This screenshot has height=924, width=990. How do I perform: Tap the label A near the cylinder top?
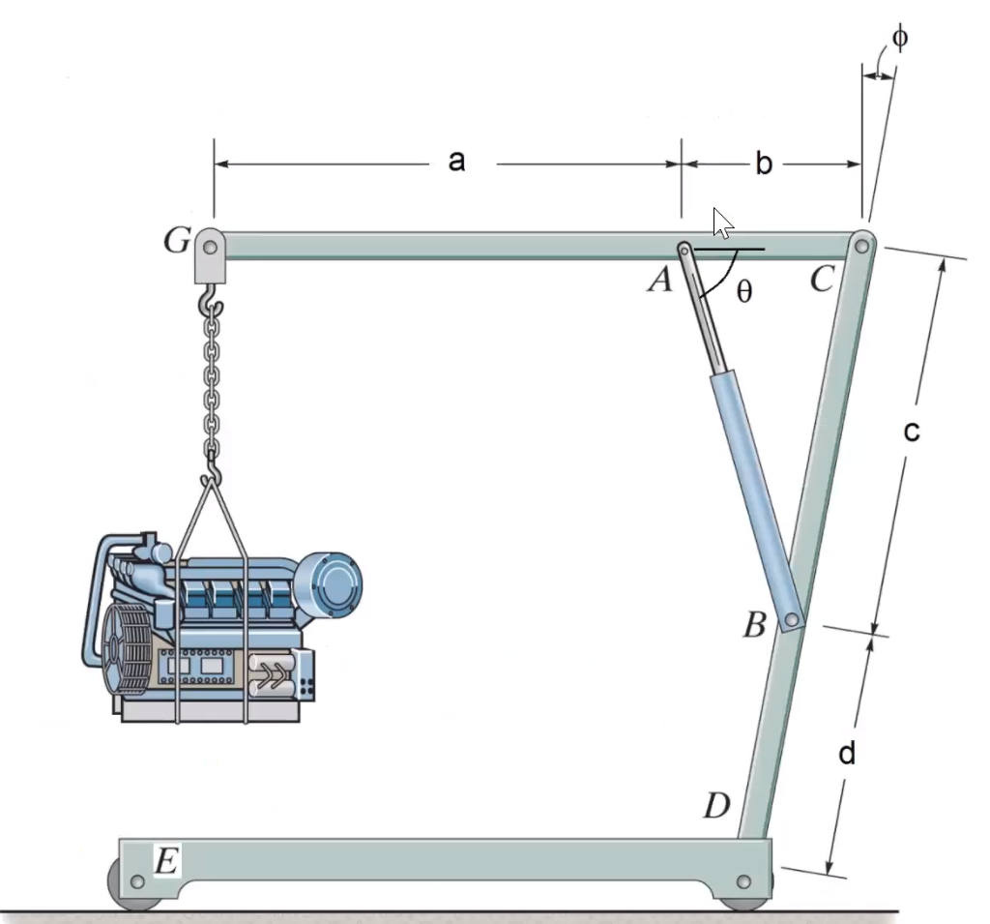click(x=660, y=281)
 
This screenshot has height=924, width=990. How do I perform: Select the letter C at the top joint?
click(x=822, y=280)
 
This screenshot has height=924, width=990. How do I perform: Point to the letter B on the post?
click(x=754, y=626)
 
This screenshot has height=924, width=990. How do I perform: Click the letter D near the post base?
click(x=716, y=805)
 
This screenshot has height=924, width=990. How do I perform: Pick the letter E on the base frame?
click(x=166, y=860)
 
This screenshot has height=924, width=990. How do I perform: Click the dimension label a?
click(x=457, y=162)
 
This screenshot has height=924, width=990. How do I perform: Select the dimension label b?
click(x=764, y=164)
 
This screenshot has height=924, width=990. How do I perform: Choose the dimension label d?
click(x=847, y=754)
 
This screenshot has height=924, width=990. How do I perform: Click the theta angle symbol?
click(x=742, y=292)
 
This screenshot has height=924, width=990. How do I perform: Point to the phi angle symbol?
click(x=899, y=39)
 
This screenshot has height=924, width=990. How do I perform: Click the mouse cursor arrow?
click(x=721, y=222)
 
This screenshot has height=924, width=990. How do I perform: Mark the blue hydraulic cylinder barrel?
click(x=753, y=493)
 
